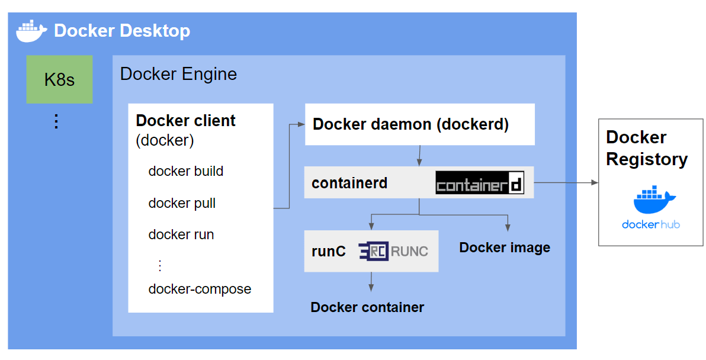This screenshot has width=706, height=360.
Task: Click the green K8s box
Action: point(59,79)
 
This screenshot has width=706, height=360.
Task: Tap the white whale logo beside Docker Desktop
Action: point(32,31)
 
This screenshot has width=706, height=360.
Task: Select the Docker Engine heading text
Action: point(178,74)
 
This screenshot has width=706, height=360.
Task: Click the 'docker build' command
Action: point(185,171)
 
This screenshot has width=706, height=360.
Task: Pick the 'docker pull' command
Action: point(182,203)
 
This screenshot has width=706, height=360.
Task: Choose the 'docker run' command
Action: point(181,234)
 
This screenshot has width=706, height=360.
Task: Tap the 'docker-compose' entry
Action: point(200,289)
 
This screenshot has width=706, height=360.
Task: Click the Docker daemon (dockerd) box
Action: point(419,124)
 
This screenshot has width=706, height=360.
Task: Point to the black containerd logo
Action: point(480,183)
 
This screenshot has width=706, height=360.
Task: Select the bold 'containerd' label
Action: point(349,183)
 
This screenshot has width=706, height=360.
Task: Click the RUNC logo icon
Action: point(374,251)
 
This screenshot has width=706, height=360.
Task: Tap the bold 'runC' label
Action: point(328,251)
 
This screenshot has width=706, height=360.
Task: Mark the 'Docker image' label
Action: point(505,247)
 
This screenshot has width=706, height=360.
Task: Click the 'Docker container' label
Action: point(367,307)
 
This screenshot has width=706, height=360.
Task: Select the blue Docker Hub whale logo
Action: point(650,201)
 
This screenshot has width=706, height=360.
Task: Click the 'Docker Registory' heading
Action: point(646,148)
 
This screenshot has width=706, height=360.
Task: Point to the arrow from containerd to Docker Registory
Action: point(566,183)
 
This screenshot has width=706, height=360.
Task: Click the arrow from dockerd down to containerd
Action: point(419,155)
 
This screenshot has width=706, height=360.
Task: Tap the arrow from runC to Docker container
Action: point(371,281)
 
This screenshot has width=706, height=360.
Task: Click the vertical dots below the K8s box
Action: point(56,121)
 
